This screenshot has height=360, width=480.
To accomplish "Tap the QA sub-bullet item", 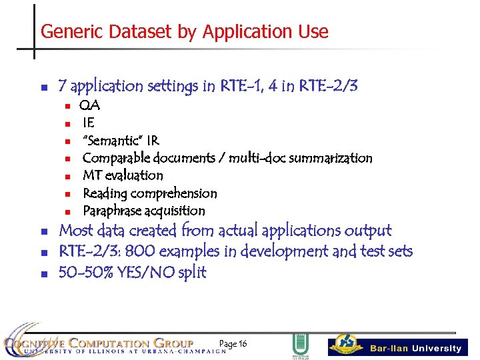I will (x=89, y=105).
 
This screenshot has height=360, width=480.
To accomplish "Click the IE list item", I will (x=88, y=123).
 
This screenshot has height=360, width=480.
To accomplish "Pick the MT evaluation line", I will (x=123, y=175).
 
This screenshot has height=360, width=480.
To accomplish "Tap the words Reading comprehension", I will (x=149, y=193).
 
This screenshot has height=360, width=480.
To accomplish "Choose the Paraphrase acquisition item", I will (x=143, y=211).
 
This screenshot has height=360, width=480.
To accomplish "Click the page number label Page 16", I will (x=233, y=343).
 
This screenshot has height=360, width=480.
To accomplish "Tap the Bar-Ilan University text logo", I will (x=416, y=348).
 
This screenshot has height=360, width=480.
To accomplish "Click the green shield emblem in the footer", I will (x=300, y=345).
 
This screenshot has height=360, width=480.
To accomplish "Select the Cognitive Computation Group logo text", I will (x=100, y=344).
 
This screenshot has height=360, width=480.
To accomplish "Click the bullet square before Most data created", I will (x=43, y=232).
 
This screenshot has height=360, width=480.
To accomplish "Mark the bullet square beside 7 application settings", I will (x=43, y=87).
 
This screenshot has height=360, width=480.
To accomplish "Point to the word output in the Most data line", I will (x=367, y=231).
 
